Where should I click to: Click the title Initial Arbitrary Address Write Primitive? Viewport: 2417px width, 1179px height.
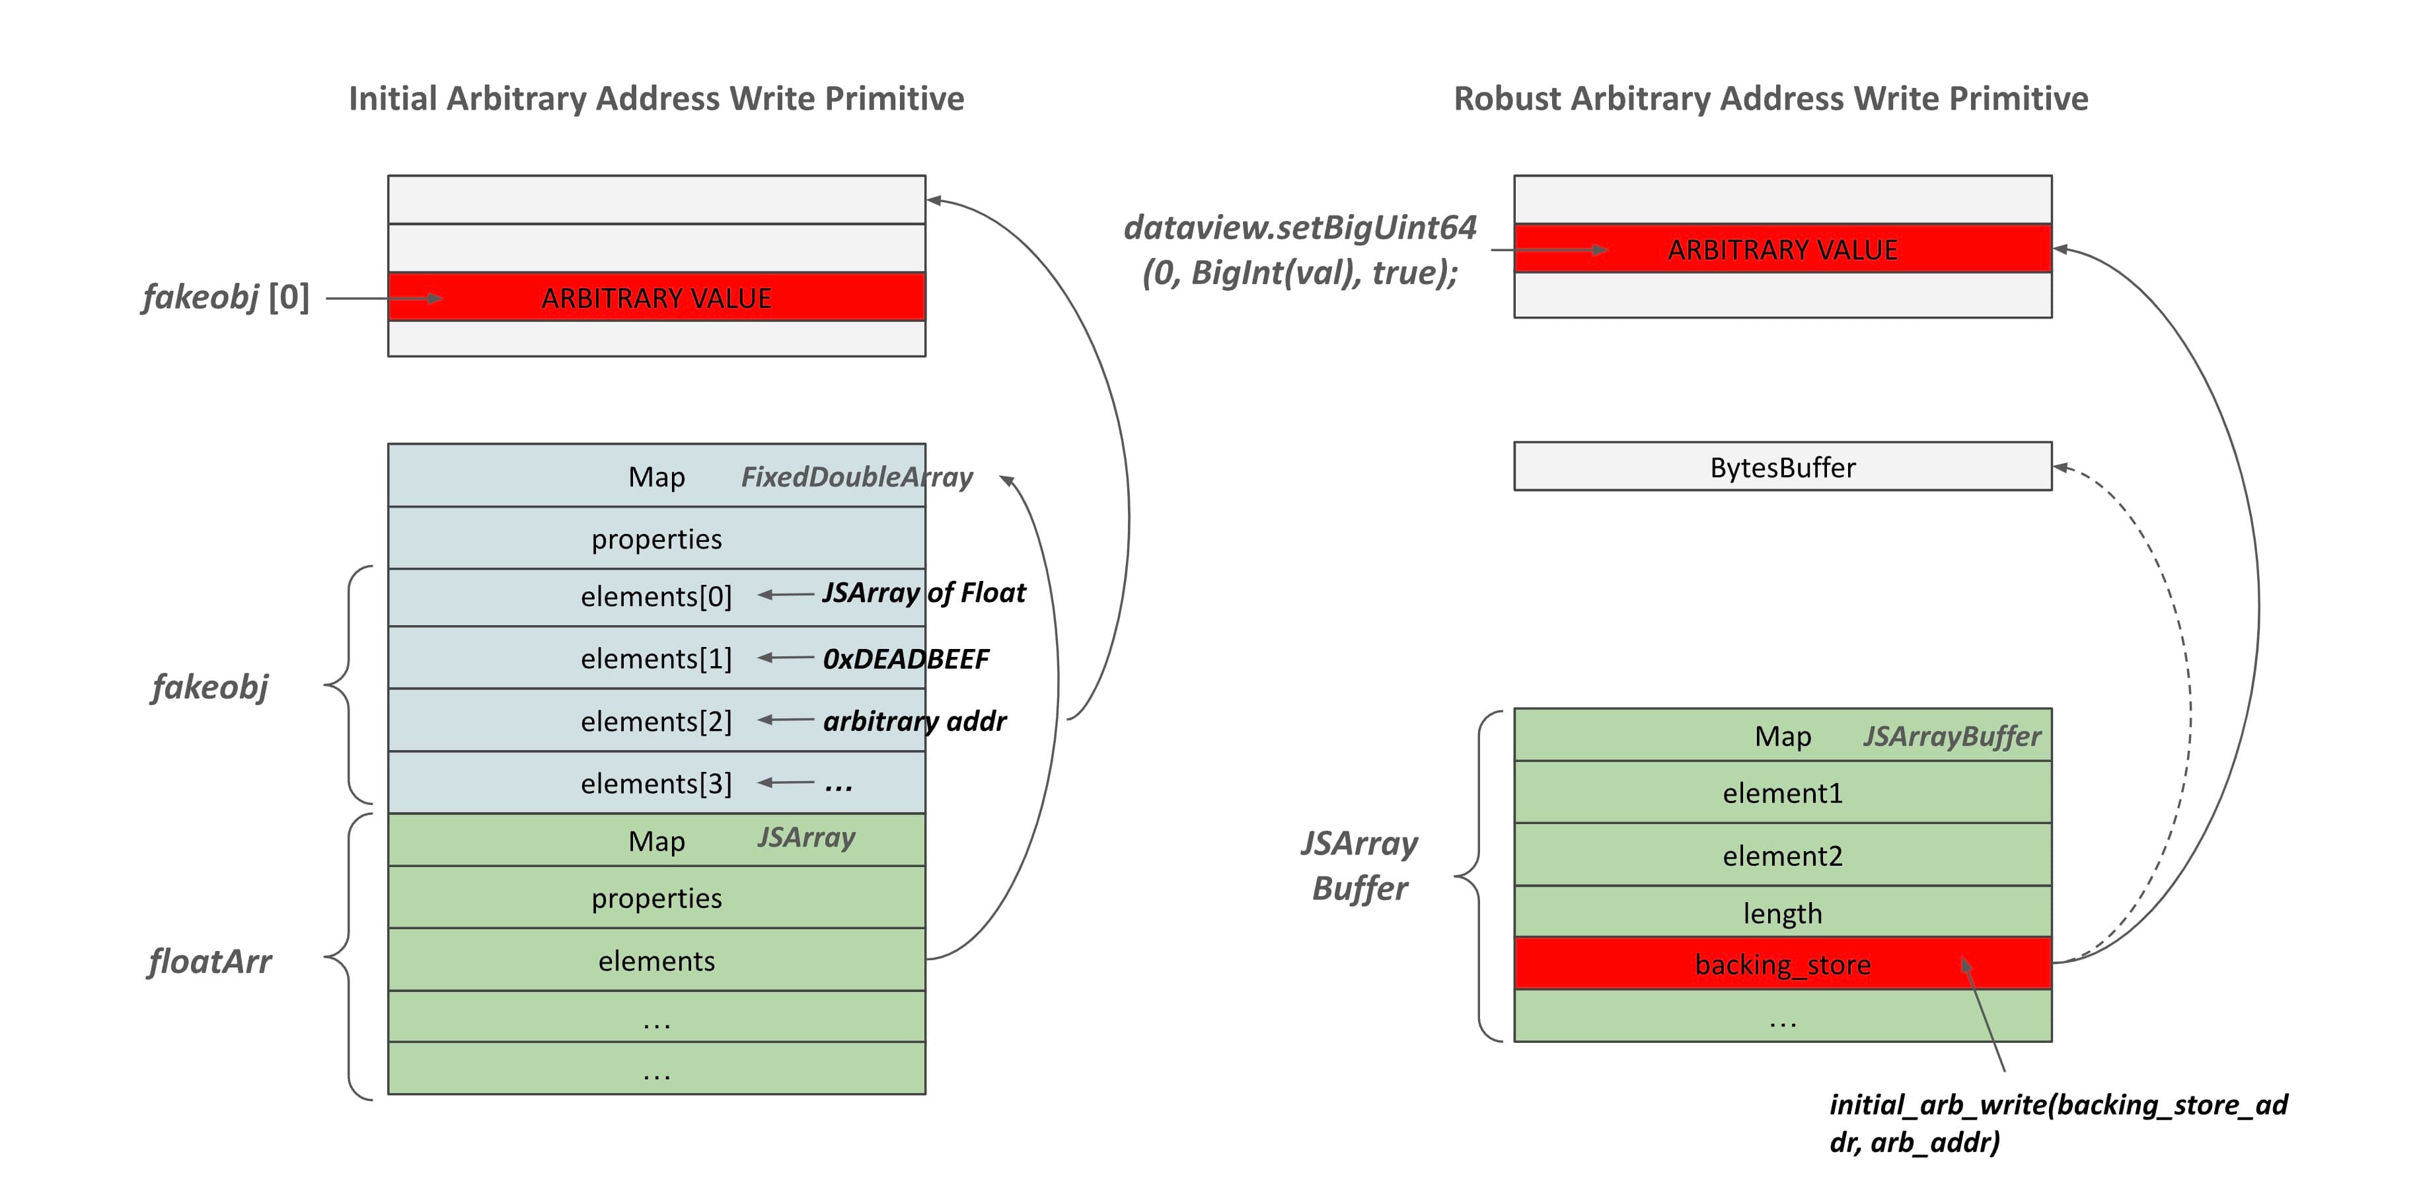click(x=656, y=98)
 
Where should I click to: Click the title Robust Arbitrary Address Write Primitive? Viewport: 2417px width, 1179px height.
click(x=1771, y=98)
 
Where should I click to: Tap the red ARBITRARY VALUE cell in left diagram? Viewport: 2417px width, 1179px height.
click(x=656, y=297)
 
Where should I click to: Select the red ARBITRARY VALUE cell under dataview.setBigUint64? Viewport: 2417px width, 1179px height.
click(x=1782, y=248)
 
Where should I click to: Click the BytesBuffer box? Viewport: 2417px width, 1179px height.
click(x=1782, y=467)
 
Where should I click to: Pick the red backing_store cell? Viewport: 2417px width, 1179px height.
click(x=1782, y=964)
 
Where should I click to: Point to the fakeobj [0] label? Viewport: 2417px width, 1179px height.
click(x=225, y=297)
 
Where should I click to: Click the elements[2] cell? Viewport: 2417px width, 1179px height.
click(x=656, y=720)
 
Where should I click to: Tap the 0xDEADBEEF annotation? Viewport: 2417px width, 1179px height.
click(x=905, y=659)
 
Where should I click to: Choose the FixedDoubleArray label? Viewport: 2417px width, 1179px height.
click(x=856, y=477)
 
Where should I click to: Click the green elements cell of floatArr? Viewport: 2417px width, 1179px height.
click(x=656, y=960)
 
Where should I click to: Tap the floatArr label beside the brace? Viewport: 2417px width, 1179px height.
click(x=209, y=961)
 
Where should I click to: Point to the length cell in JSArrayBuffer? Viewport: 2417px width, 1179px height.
click(x=1782, y=913)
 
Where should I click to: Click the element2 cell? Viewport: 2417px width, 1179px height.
click(x=1782, y=855)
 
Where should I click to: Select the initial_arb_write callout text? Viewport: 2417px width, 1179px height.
click(x=2057, y=1123)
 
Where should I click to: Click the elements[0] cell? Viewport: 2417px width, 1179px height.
click(x=656, y=596)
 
